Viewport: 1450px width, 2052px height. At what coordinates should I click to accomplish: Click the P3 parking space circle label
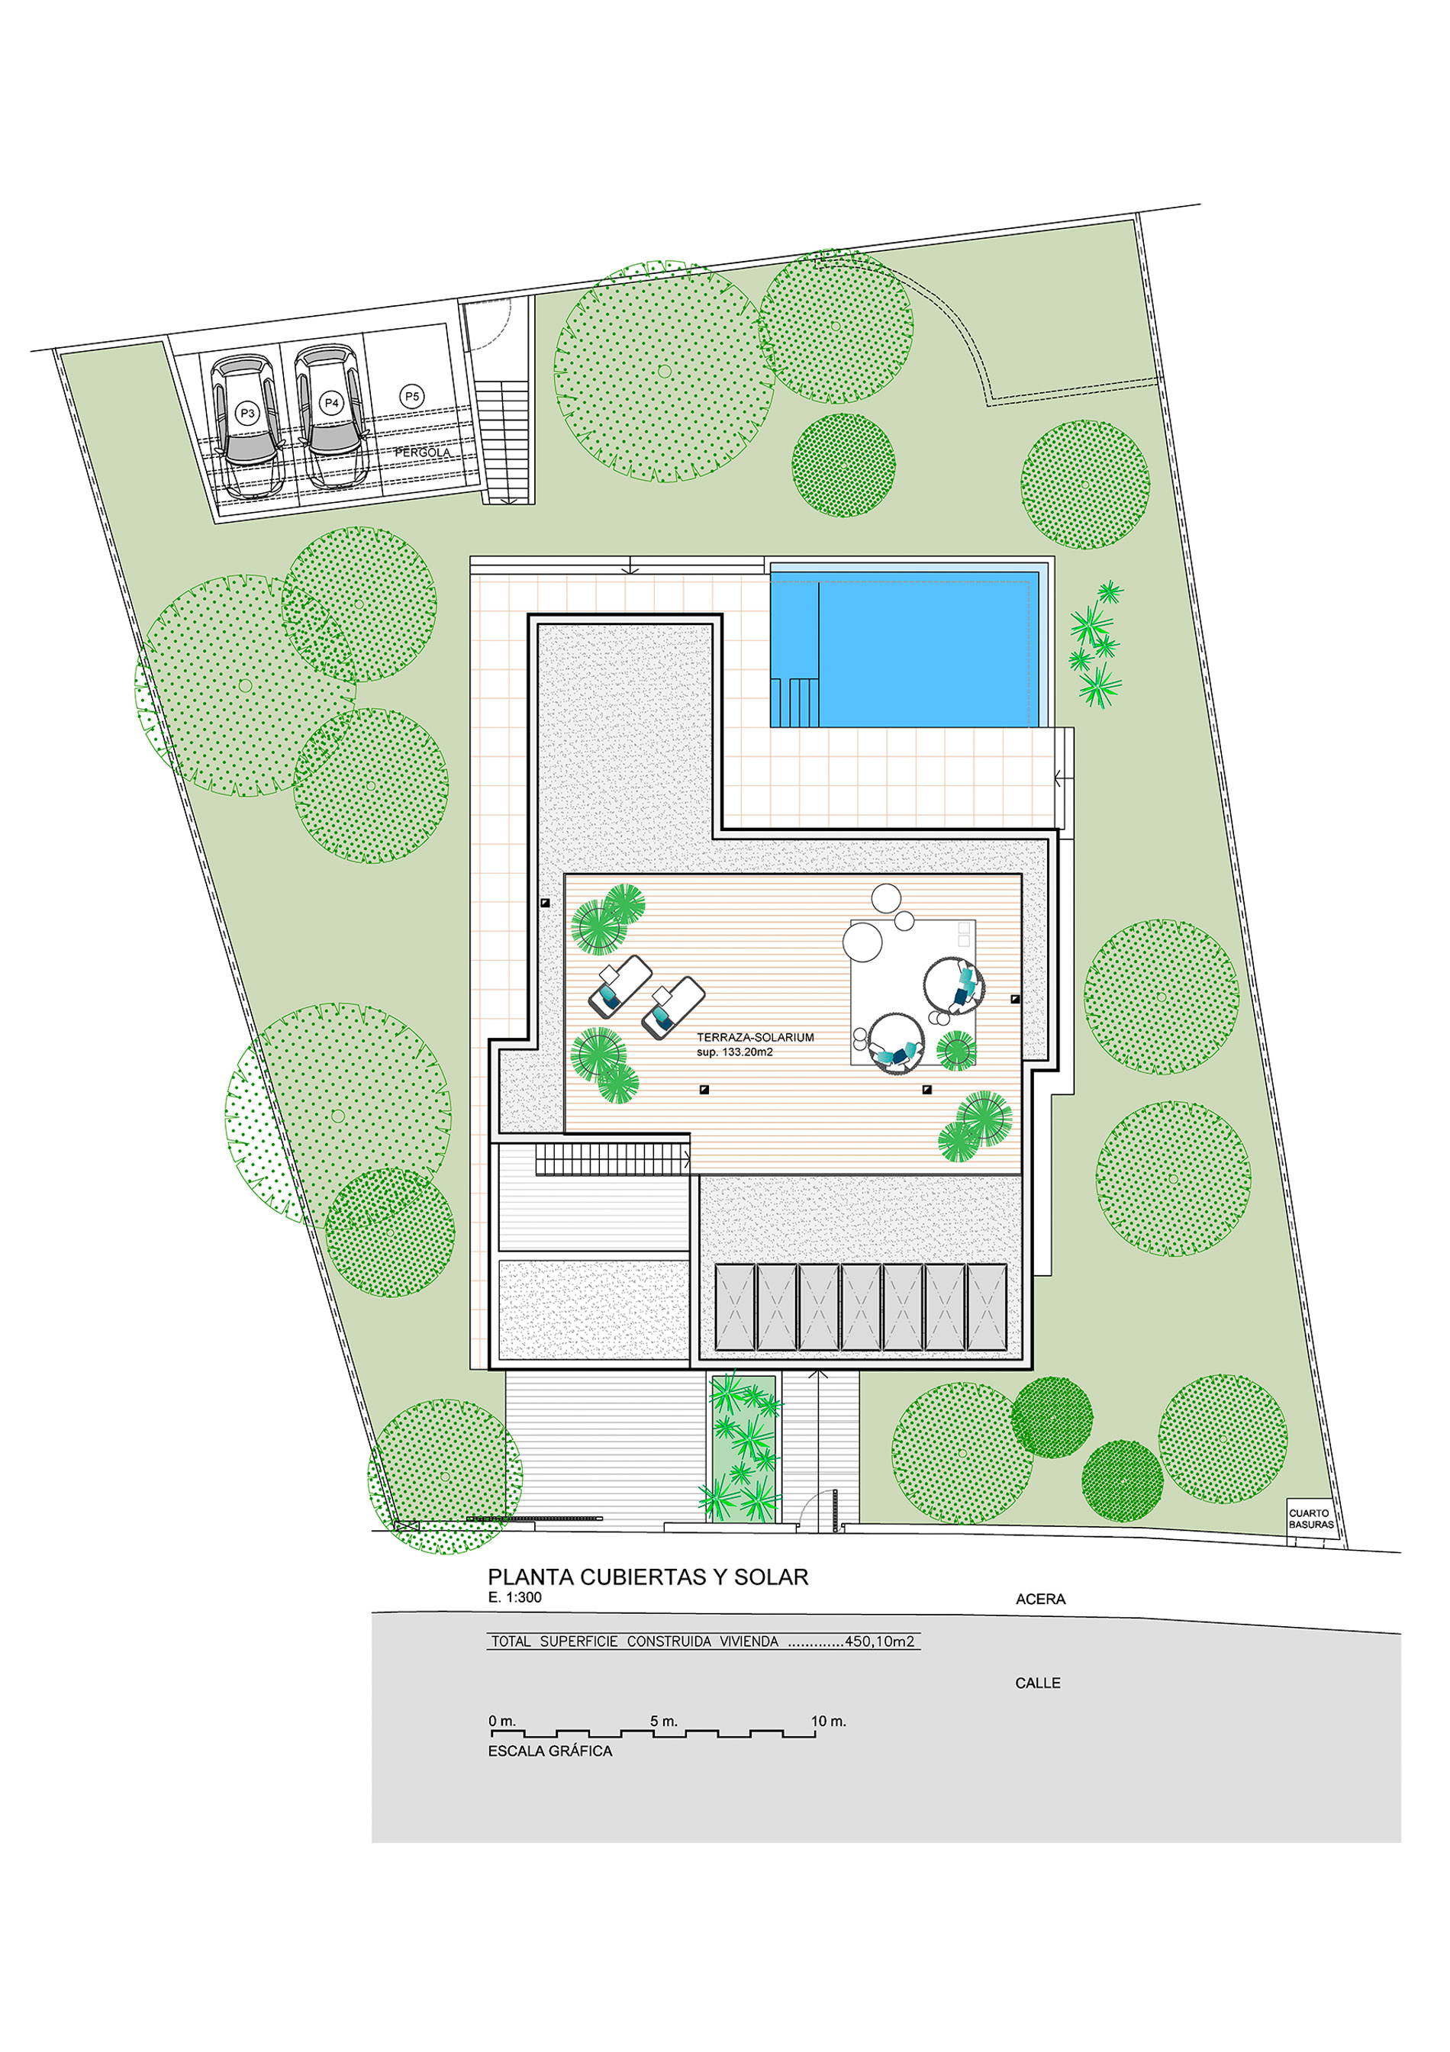247,414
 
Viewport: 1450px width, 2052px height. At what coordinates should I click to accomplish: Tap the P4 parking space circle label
332,403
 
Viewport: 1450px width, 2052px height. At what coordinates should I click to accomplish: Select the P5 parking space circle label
411,396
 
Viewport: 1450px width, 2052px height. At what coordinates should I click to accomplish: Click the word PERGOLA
423,453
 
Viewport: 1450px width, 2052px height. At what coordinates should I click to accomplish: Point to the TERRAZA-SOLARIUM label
756,1038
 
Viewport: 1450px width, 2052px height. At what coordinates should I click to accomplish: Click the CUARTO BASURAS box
1311,1519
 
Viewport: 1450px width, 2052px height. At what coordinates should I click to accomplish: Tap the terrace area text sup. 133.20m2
735,1052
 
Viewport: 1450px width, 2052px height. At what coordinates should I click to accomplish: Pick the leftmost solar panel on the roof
735,1307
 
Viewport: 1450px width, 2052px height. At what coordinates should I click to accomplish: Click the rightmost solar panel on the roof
987,1307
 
